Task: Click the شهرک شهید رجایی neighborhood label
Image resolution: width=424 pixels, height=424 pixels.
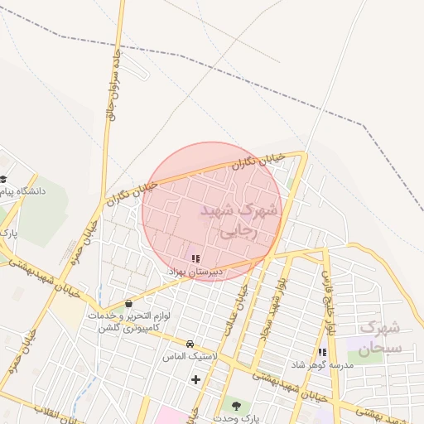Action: click(240, 221)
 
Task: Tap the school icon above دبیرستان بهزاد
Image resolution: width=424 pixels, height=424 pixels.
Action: click(195, 259)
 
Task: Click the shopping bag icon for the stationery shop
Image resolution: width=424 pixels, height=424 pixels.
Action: click(128, 303)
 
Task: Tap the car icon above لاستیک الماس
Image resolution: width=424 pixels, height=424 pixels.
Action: click(190, 344)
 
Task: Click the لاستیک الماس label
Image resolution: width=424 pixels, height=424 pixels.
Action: click(192, 355)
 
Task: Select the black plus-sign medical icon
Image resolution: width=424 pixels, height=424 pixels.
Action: click(195, 380)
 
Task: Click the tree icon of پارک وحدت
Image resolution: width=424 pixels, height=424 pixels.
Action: click(237, 406)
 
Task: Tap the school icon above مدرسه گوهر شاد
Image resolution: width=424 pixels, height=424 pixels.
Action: click(322, 353)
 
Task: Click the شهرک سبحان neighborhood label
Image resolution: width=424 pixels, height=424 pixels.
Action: click(381, 337)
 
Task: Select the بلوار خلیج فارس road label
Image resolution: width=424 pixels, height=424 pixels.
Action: click(330, 303)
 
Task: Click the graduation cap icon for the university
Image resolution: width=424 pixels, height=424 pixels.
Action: click(3, 179)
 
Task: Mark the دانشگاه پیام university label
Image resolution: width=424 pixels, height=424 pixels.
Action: click(26, 191)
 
